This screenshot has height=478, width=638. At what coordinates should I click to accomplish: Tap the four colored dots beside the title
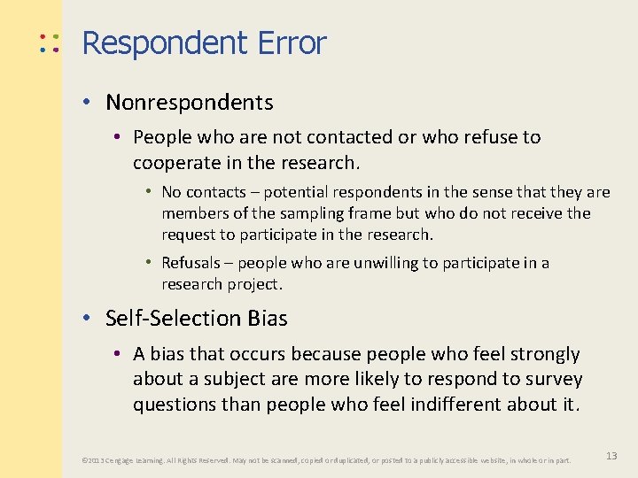coord(49,43)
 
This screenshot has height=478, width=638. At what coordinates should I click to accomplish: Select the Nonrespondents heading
coord(189,103)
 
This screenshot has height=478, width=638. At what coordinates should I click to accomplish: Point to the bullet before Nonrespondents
coord(90,103)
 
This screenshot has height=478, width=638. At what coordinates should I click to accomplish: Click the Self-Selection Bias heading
coord(196,318)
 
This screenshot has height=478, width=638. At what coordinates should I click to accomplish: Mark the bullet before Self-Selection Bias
coord(90,318)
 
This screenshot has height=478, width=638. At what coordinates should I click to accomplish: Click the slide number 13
coord(611,455)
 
